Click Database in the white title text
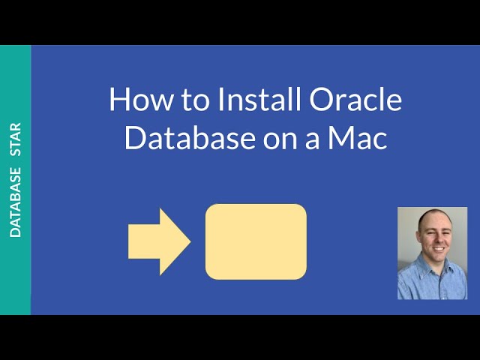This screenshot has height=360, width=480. pos(180,139)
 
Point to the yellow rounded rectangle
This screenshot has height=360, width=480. pos(256,241)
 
